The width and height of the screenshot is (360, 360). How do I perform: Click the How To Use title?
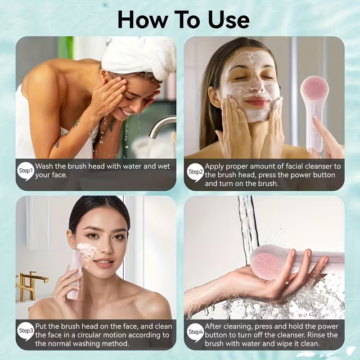(x=183, y=20)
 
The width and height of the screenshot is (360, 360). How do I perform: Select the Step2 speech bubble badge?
(x=195, y=171)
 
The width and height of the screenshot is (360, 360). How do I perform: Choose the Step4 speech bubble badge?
(x=195, y=331)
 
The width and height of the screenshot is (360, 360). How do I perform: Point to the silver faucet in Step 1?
(x=160, y=126)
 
